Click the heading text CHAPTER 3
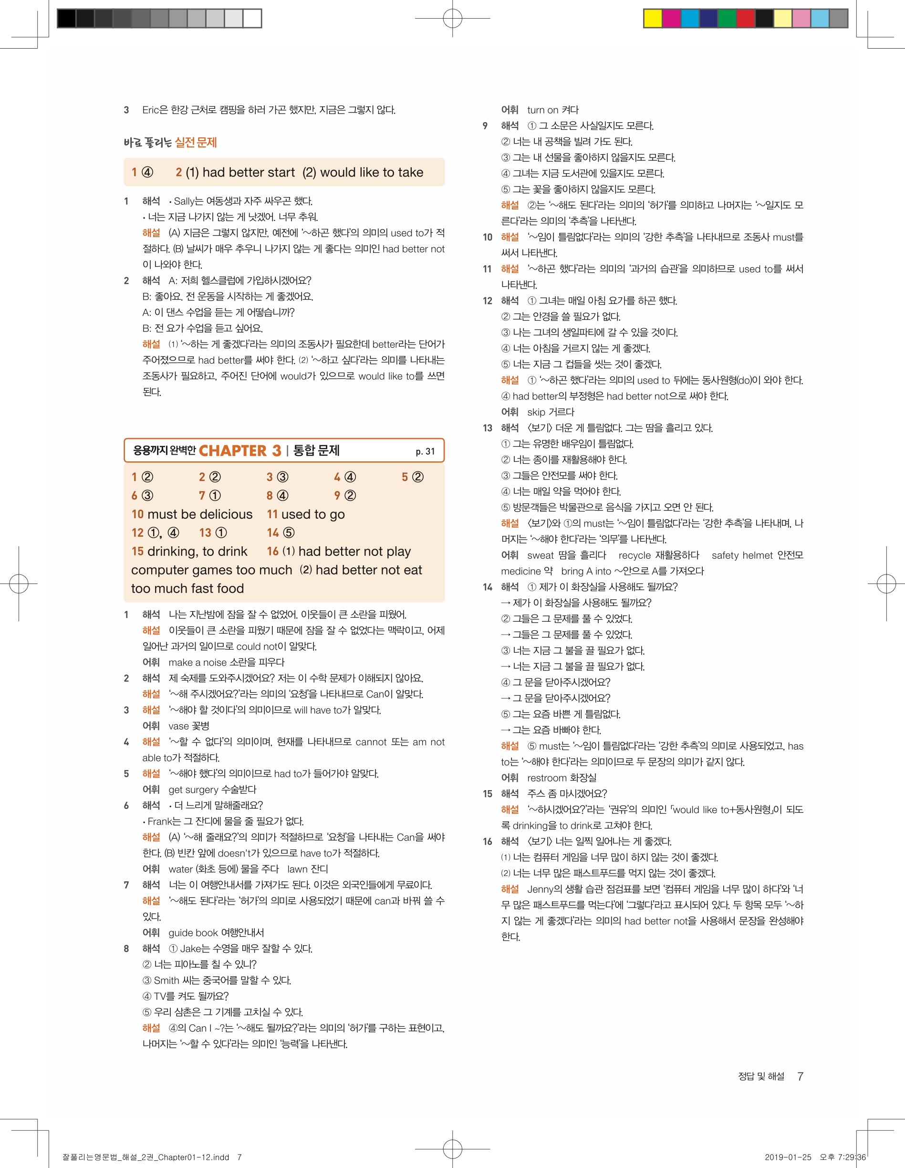pos(239,451)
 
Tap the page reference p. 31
pos(425,452)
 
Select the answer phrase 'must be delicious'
pos(199,514)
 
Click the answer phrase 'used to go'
pos(313,514)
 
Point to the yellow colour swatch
pos(653,18)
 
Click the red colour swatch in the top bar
pos(745,18)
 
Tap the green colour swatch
pos(727,18)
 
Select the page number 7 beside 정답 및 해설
pos(800,1076)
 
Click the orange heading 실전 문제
pos(196,142)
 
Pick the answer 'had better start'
pos(248,172)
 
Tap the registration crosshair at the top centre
pos(452,18)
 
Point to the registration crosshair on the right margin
pos(886,584)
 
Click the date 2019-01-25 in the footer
pos(787,1157)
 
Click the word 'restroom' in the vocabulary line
pos(546,778)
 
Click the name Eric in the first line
pos(151,110)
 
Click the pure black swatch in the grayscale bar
pos(66,18)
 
